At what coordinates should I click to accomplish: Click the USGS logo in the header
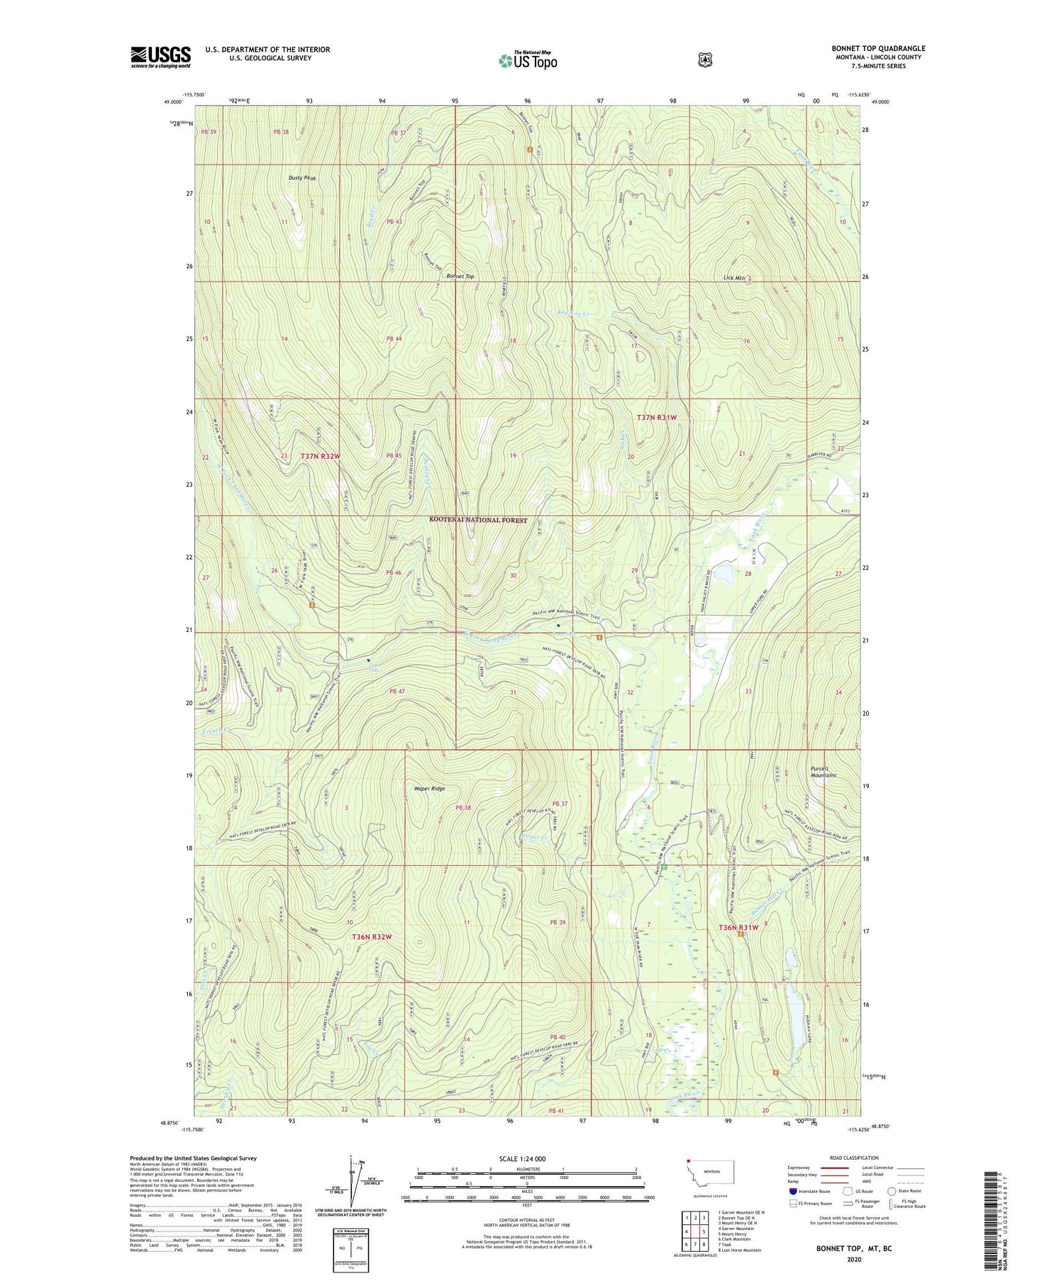pos(160,57)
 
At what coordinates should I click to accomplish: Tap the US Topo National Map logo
pos(528,60)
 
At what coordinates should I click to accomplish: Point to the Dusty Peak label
pos(301,178)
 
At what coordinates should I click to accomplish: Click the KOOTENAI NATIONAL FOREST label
pos(478,520)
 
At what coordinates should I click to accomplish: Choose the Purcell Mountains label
pos(823,772)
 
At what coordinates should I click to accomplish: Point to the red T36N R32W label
pos(372,937)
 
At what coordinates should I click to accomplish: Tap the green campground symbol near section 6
pos(665,867)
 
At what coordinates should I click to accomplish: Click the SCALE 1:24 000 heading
pos(526,1158)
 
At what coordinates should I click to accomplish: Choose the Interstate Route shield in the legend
pos(792,1192)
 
